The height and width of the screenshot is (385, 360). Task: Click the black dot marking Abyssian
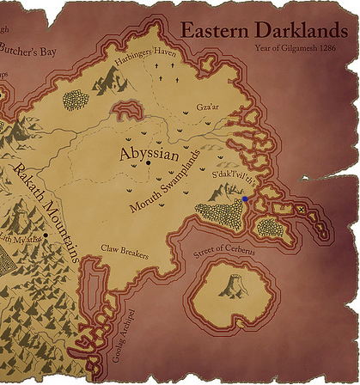(149, 162)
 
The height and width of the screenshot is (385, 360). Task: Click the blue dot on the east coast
(245, 199)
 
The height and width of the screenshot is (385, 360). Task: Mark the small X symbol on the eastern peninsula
(301, 210)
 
